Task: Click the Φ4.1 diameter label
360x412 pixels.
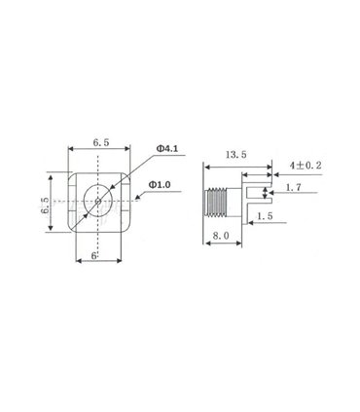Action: click(167, 149)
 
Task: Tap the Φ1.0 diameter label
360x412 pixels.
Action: click(160, 185)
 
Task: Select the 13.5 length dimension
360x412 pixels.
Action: click(236, 155)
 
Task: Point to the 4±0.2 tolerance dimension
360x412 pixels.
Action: click(306, 166)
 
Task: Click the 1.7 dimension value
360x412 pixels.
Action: click(293, 187)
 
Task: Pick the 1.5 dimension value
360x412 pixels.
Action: click(265, 216)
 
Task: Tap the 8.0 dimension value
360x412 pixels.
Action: click(221, 235)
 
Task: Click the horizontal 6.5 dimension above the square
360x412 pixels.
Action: click(101, 142)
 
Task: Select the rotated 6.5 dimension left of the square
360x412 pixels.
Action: click(45, 206)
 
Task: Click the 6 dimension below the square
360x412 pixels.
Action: click(94, 255)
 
